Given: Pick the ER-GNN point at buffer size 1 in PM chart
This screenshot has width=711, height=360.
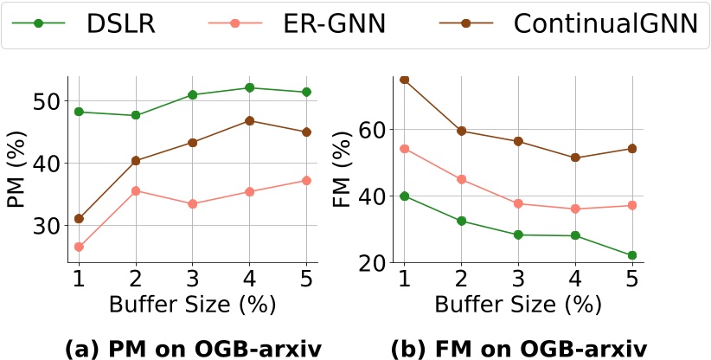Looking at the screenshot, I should [79, 247].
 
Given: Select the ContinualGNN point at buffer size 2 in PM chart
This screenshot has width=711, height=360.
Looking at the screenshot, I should [136, 160].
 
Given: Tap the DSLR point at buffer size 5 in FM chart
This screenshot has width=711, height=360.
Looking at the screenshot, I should [632, 255].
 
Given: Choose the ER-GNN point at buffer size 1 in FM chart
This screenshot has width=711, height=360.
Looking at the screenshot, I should [404, 148].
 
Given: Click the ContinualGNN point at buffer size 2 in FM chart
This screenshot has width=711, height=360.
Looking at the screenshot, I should [461, 131].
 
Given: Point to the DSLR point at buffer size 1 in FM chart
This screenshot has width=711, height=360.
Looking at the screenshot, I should [404, 196].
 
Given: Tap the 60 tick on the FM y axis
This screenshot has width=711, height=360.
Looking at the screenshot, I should [371, 129].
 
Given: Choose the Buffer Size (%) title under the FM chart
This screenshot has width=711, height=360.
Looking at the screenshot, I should [518, 305].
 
